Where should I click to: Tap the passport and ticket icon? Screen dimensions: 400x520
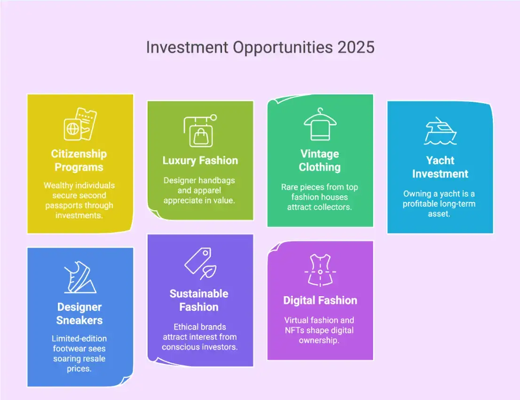(80, 124)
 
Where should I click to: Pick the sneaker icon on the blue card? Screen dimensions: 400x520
(80, 277)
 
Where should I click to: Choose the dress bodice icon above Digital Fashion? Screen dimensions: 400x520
(320, 271)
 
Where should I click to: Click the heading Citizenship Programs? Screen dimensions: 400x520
(79, 160)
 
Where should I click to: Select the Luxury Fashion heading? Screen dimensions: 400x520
(200, 160)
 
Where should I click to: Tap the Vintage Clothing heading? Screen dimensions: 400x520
(320, 160)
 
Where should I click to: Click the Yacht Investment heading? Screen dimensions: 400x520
(440, 167)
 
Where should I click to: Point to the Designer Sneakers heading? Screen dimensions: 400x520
(79, 314)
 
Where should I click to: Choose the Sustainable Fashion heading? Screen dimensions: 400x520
(199, 300)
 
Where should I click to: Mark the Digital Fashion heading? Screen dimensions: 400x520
(320, 300)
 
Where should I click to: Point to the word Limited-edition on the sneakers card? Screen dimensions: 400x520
(79, 338)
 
